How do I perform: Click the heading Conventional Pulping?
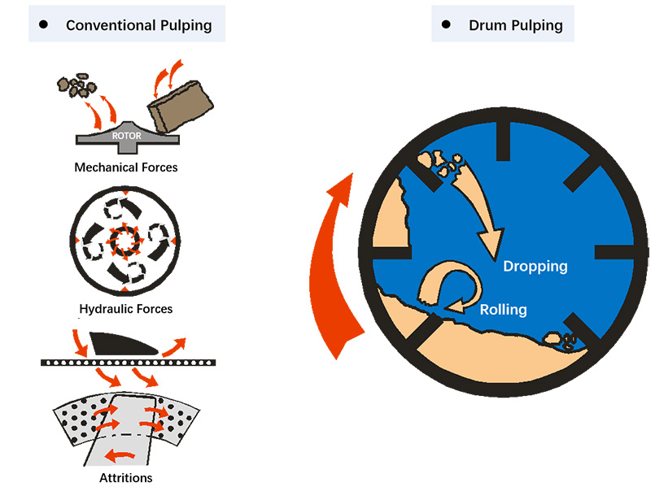[x=138, y=25]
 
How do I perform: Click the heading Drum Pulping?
[x=515, y=25]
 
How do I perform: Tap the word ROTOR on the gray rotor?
[x=126, y=136]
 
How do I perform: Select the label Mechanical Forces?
[x=126, y=167]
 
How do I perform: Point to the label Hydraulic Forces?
[x=126, y=309]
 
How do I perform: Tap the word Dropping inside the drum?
[x=535, y=266]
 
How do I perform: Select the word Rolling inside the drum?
[x=503, y=309]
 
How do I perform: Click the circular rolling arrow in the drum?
[x=443, y=289]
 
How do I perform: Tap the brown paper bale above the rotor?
[x=181, y=106]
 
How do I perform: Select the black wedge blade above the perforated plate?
[x=121, y=342]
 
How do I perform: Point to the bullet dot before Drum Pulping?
[x=446, y=25]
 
